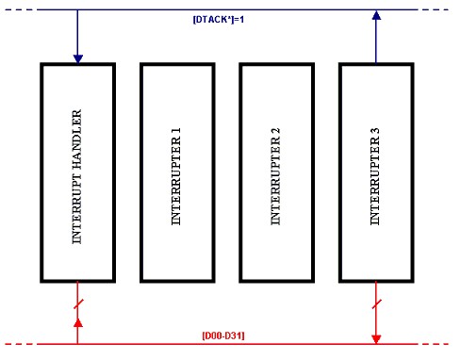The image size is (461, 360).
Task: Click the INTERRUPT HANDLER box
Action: click(x=78, y=172)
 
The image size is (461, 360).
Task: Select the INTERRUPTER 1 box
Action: click(x=177, y=172)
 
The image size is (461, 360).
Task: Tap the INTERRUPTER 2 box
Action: click(x=276, y=172)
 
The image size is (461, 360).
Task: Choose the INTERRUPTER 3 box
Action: click(x=375, y=172)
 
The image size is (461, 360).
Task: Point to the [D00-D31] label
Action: click(x=225, y=335)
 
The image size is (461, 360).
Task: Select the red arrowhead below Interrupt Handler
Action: click(x=78, y=323)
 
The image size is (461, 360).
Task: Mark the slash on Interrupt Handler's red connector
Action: click(x=78, y=303)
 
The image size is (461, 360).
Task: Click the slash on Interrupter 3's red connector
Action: click(x=376, y=303)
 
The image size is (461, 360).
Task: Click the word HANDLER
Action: click(x=78, y=142)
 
